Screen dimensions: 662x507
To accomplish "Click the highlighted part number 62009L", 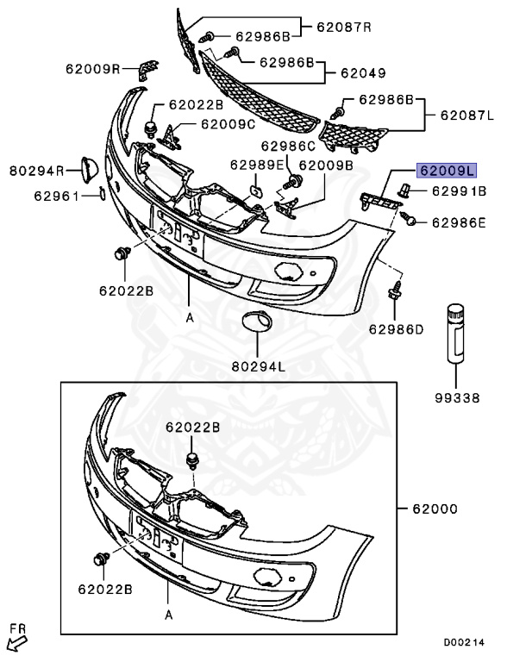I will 447,170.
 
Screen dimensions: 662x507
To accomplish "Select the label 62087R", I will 343,27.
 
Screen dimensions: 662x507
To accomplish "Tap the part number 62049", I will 362,73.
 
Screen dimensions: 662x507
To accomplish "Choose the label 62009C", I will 228,124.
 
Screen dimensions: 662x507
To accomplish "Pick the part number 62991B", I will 459,190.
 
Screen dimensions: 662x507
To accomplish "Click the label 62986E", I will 459,222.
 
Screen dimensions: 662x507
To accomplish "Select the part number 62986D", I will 396,328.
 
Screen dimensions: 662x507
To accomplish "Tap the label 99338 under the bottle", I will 454,398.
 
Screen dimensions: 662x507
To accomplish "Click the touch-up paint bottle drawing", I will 454,332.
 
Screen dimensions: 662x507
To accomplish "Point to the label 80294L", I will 258,365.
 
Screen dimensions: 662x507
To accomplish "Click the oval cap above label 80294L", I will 257,322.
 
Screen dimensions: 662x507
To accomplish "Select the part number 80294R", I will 37,170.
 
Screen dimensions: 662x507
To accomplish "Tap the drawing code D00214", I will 464,642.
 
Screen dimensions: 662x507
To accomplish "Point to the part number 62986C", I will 289,146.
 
